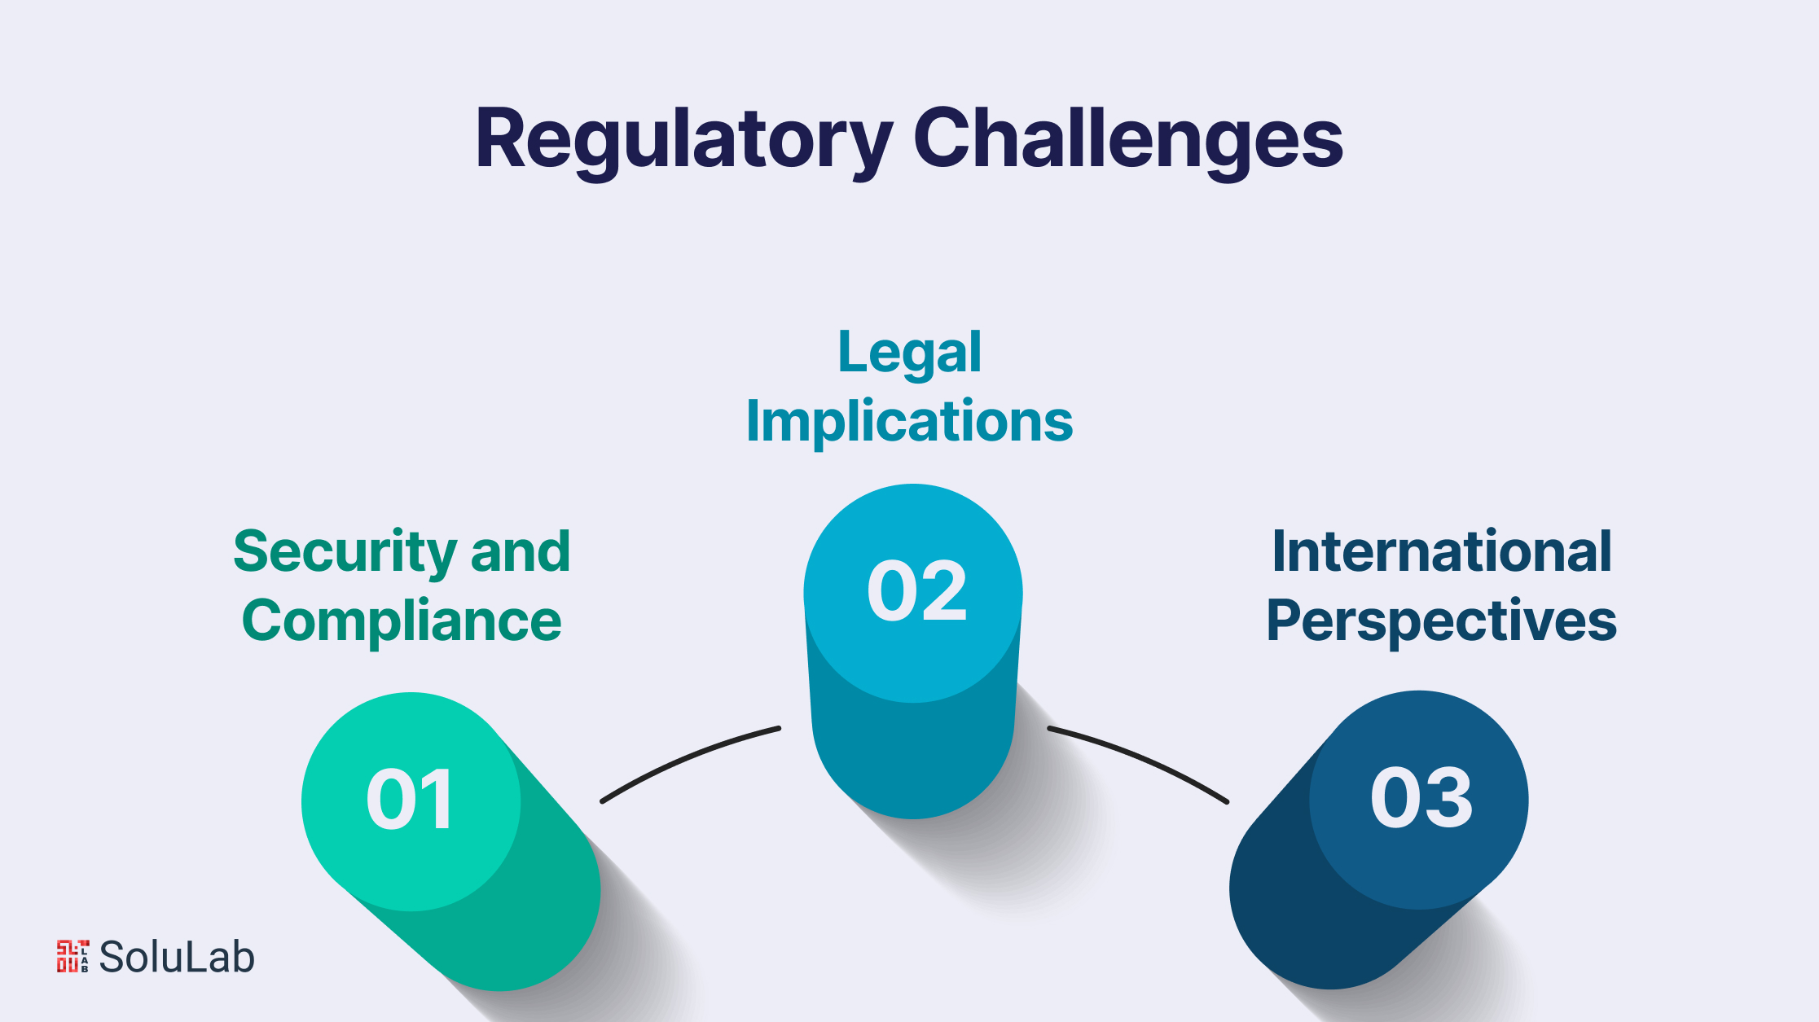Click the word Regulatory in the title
point(683,140)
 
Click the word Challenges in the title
point(1127,140)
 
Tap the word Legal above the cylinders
point(909,353)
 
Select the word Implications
point(909,421)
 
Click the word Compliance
point(402,621)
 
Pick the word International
point(1441,552)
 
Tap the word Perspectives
point(1441,621)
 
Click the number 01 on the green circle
point(410,801)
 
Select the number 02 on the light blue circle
point(916,592)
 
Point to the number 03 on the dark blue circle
point(1421,799)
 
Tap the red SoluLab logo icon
point(72,957)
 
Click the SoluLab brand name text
point(177,957)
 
